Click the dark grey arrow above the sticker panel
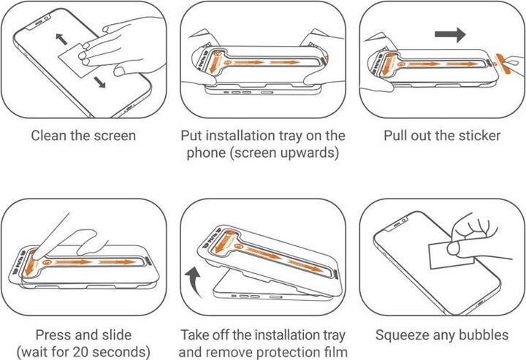[450, 34]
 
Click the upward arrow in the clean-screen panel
[61, 39]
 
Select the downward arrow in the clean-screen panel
[99, 82]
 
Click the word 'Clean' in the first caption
[49, 136]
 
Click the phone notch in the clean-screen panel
[39, 22]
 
